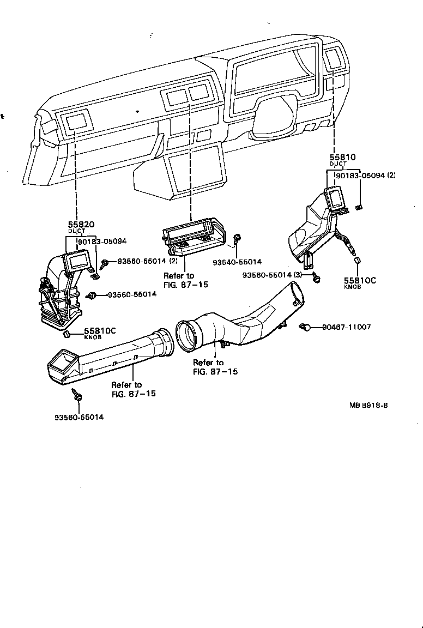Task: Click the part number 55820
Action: (x=81, y=225)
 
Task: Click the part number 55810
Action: (x=342, y=157)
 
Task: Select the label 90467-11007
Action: (x=346, y=327)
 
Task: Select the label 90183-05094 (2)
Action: (x=366, y=176)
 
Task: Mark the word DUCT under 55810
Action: (x=338, y=164)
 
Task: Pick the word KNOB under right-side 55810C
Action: (x=352, y=287)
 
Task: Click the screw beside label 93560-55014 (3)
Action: (x=316, y=277)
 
